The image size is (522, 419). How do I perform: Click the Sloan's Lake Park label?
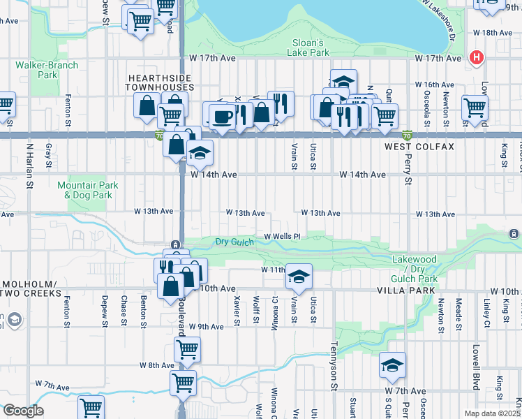[x=309, y=47]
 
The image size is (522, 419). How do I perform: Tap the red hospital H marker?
[x=477, y=57]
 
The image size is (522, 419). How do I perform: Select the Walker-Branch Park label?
[x=47, y=70]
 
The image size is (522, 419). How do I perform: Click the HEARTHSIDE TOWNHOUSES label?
[x=159, y=82]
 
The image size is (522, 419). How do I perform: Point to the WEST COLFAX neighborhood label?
[x=419, y=147]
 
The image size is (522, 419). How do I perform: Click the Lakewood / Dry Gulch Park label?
[x=415, y=269]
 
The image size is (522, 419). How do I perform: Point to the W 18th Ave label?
[x=493, y=33]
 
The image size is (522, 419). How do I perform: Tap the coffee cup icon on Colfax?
[x=223, y=115]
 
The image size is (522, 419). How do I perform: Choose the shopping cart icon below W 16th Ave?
[x=475, y=108]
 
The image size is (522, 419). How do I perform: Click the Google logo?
[x=22, y=411]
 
